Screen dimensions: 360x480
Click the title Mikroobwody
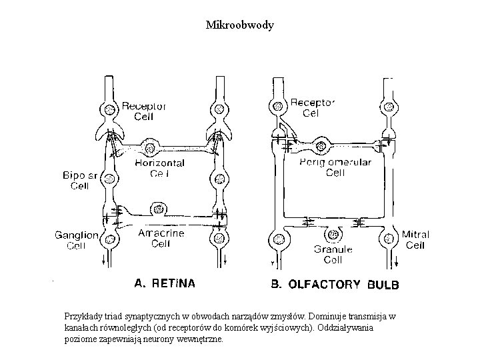(240, 26)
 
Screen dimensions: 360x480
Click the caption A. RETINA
(165, 283)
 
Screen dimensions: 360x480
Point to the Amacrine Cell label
(160, 238)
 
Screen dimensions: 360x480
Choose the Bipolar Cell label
(81, 181)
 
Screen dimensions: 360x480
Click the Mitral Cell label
(415, 240)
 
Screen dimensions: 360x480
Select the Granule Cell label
(328, 254)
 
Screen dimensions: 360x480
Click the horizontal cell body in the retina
(149, 146)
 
